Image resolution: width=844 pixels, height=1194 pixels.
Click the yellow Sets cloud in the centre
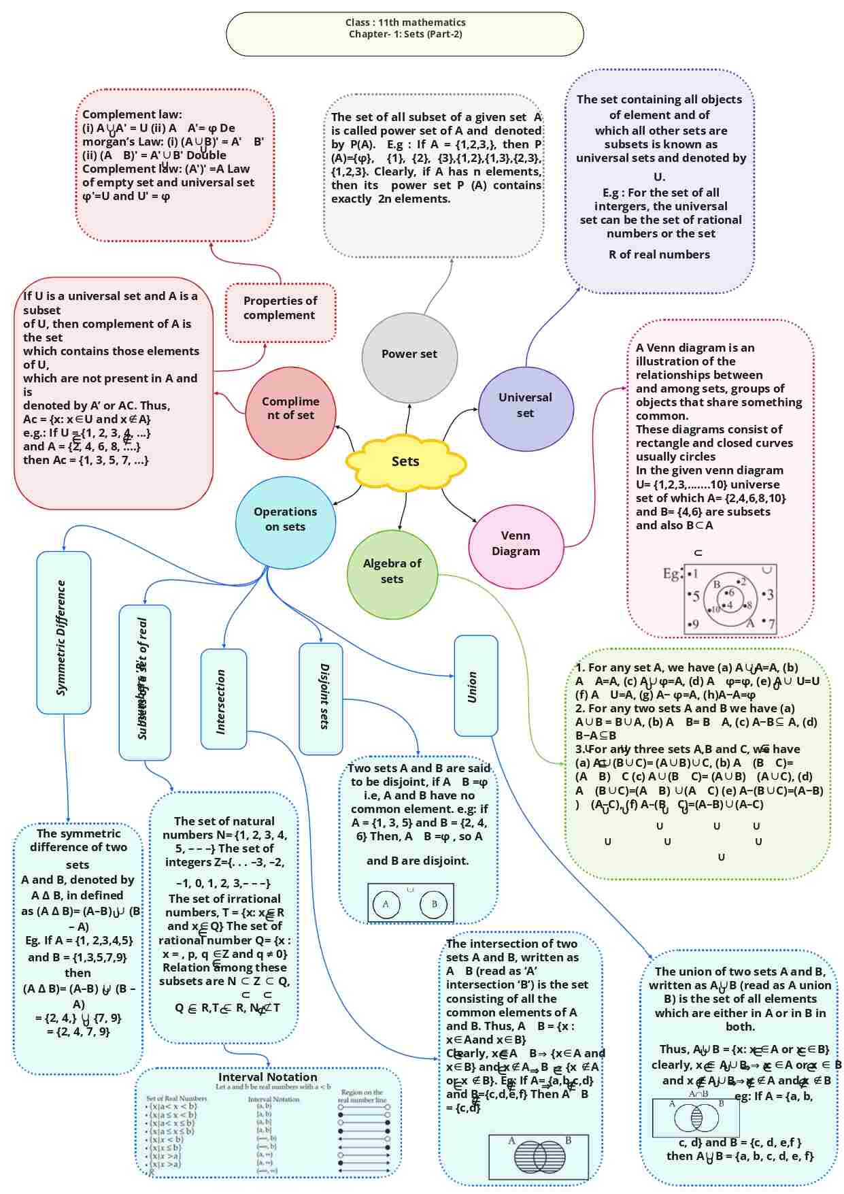pos(405,462)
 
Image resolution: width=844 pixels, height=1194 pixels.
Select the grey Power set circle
pos(409,354)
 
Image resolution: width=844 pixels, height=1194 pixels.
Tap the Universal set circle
pos(526,405)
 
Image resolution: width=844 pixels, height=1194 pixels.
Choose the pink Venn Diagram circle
pos(516,544)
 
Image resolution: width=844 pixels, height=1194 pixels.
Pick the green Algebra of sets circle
pos(392,571)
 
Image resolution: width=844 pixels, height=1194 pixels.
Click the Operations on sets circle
pos(286,520)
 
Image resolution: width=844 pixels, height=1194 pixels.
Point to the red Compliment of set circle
pos(290,409)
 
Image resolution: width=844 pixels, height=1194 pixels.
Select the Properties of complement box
pos(280,308)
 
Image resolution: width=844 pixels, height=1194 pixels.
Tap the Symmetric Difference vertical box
pos(63,633)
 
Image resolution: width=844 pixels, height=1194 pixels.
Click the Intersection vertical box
pos(223,699)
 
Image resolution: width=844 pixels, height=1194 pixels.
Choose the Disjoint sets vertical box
pos(321,699)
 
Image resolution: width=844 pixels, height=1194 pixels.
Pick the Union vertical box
pos(475,686)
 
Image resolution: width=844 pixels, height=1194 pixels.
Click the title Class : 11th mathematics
pos(405,22)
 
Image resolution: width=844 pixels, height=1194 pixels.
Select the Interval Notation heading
pos(267,1078)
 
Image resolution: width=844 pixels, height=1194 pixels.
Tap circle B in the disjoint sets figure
pos(434,904)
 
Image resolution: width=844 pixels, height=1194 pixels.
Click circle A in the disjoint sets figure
pos(386,904)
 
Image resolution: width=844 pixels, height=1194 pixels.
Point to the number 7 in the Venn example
pos(771,624)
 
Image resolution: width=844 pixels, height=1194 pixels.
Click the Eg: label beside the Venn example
pos(671,574)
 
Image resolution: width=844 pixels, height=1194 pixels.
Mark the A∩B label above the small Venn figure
pos(698,1095)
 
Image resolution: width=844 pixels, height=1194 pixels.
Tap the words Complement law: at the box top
pos(132,114)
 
